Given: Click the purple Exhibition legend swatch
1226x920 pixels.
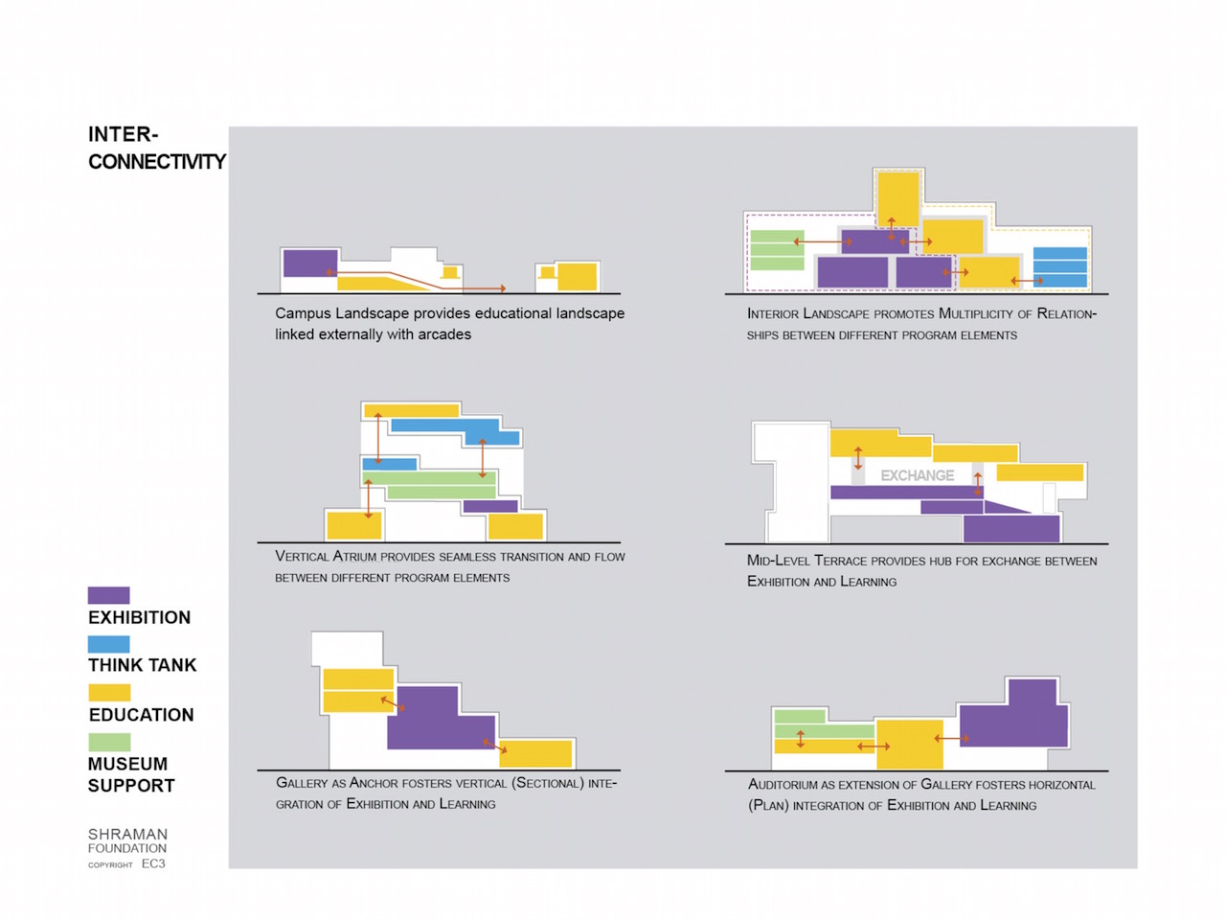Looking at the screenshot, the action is pos(108,595).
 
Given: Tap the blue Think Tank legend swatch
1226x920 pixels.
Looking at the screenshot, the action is pos(108,644).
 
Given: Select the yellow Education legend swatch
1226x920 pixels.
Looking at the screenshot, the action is pos(109,693).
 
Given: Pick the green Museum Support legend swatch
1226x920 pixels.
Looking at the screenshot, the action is pos(109,742).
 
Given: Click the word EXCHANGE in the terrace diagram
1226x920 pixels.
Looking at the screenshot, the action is pos(918,475).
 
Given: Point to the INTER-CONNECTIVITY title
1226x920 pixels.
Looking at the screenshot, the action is pos(157,148).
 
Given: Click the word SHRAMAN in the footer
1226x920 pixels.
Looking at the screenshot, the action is pos(128,834).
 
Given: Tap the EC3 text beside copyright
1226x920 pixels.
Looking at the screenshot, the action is pos(153,863).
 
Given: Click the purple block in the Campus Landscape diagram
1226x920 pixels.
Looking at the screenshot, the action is pos(310,264).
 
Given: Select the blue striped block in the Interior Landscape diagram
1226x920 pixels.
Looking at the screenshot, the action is pos(1060,267).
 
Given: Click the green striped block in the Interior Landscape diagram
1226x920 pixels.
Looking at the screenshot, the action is pos(777,250).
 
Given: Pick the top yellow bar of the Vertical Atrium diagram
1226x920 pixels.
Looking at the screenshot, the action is pos(412,410).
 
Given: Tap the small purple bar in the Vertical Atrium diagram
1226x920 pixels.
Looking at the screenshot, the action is pos(490,506).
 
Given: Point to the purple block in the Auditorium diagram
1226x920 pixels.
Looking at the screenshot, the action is pos(1013,715).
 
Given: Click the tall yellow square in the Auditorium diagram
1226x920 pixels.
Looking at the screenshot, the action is pos(909,745).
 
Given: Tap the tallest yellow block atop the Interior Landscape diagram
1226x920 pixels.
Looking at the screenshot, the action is pos(898,199).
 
